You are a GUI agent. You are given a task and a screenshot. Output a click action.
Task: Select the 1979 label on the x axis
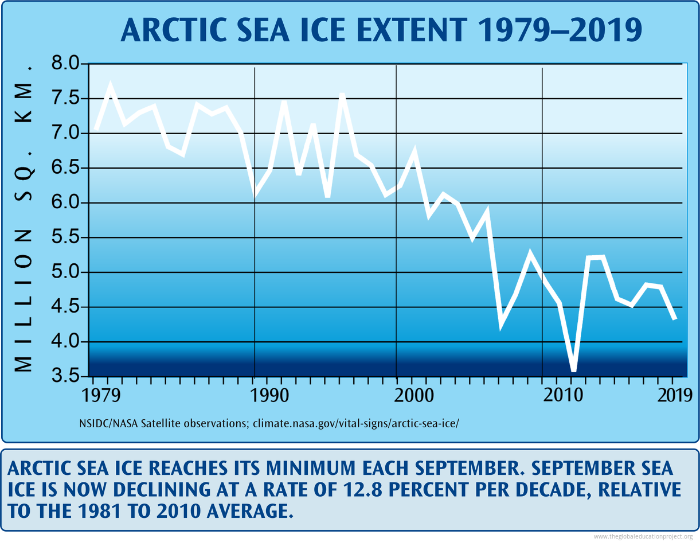(x=96, y=396)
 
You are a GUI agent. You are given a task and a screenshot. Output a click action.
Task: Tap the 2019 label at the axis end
(x=672, y=396)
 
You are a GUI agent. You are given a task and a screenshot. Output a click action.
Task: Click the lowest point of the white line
(x=574, y=370)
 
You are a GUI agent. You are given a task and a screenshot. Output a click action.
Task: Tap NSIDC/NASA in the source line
(x=106, y=424)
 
